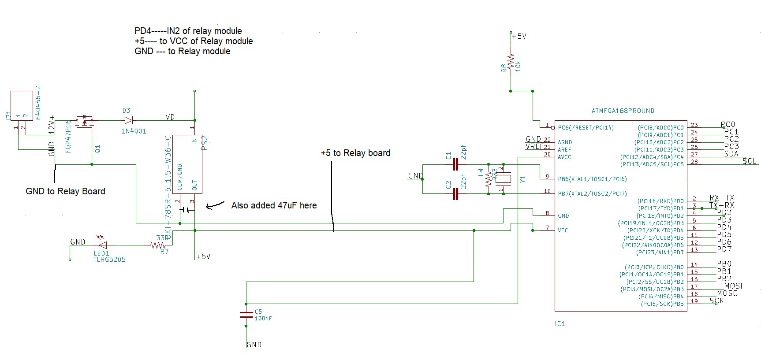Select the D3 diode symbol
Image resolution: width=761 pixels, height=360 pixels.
(128, 120)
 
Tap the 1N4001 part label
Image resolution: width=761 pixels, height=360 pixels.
(134, 131)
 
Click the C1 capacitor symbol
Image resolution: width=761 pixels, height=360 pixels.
(456, 165)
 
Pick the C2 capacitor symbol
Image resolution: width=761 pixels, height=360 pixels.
(456, 193)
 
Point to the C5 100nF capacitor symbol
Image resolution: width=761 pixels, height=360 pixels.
(246, 315)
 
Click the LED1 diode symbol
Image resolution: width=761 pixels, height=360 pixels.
(102, 245)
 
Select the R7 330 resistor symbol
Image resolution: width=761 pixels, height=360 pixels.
(157, 245)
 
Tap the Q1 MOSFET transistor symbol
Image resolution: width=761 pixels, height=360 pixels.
(85, 121)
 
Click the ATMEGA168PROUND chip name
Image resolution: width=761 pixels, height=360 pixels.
(623, 111)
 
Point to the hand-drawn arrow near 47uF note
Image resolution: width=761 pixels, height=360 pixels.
(215, 205)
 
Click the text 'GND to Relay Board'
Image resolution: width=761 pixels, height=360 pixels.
(65, 191)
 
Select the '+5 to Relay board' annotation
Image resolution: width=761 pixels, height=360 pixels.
(355, 153)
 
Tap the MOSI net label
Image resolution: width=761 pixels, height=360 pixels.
(733, 286)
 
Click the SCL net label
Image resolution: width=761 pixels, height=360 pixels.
(750, 161)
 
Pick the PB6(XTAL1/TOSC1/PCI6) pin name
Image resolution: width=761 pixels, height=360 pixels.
(592, 179)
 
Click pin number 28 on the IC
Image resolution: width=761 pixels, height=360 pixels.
(694, 162)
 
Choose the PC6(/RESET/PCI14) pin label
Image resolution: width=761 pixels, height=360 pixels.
(586, 128)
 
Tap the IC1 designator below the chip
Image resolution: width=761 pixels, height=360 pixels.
(560, 324)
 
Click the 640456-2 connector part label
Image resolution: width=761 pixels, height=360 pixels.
(38, 103)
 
